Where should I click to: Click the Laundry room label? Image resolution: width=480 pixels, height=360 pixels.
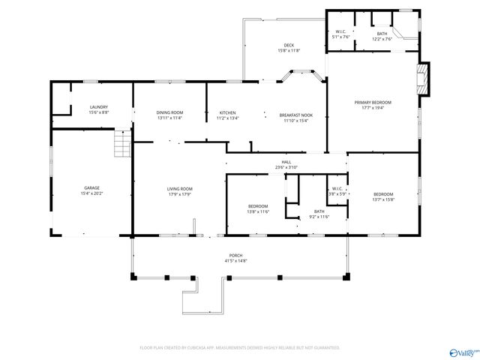click(x=98, y=109)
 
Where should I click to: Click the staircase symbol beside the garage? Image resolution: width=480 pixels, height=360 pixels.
click(x=121, y=142)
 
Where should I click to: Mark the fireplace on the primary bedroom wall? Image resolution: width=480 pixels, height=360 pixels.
click(x=425, y=79)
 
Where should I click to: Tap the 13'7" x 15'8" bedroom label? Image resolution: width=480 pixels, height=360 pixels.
click(x=382, y=196)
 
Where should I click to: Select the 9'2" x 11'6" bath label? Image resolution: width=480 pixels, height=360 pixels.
click(x=319, y=214)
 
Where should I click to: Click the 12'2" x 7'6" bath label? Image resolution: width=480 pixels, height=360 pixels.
click(x=382, y=35)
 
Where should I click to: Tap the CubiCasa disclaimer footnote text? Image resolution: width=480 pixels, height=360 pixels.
click(x=240, y=348)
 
